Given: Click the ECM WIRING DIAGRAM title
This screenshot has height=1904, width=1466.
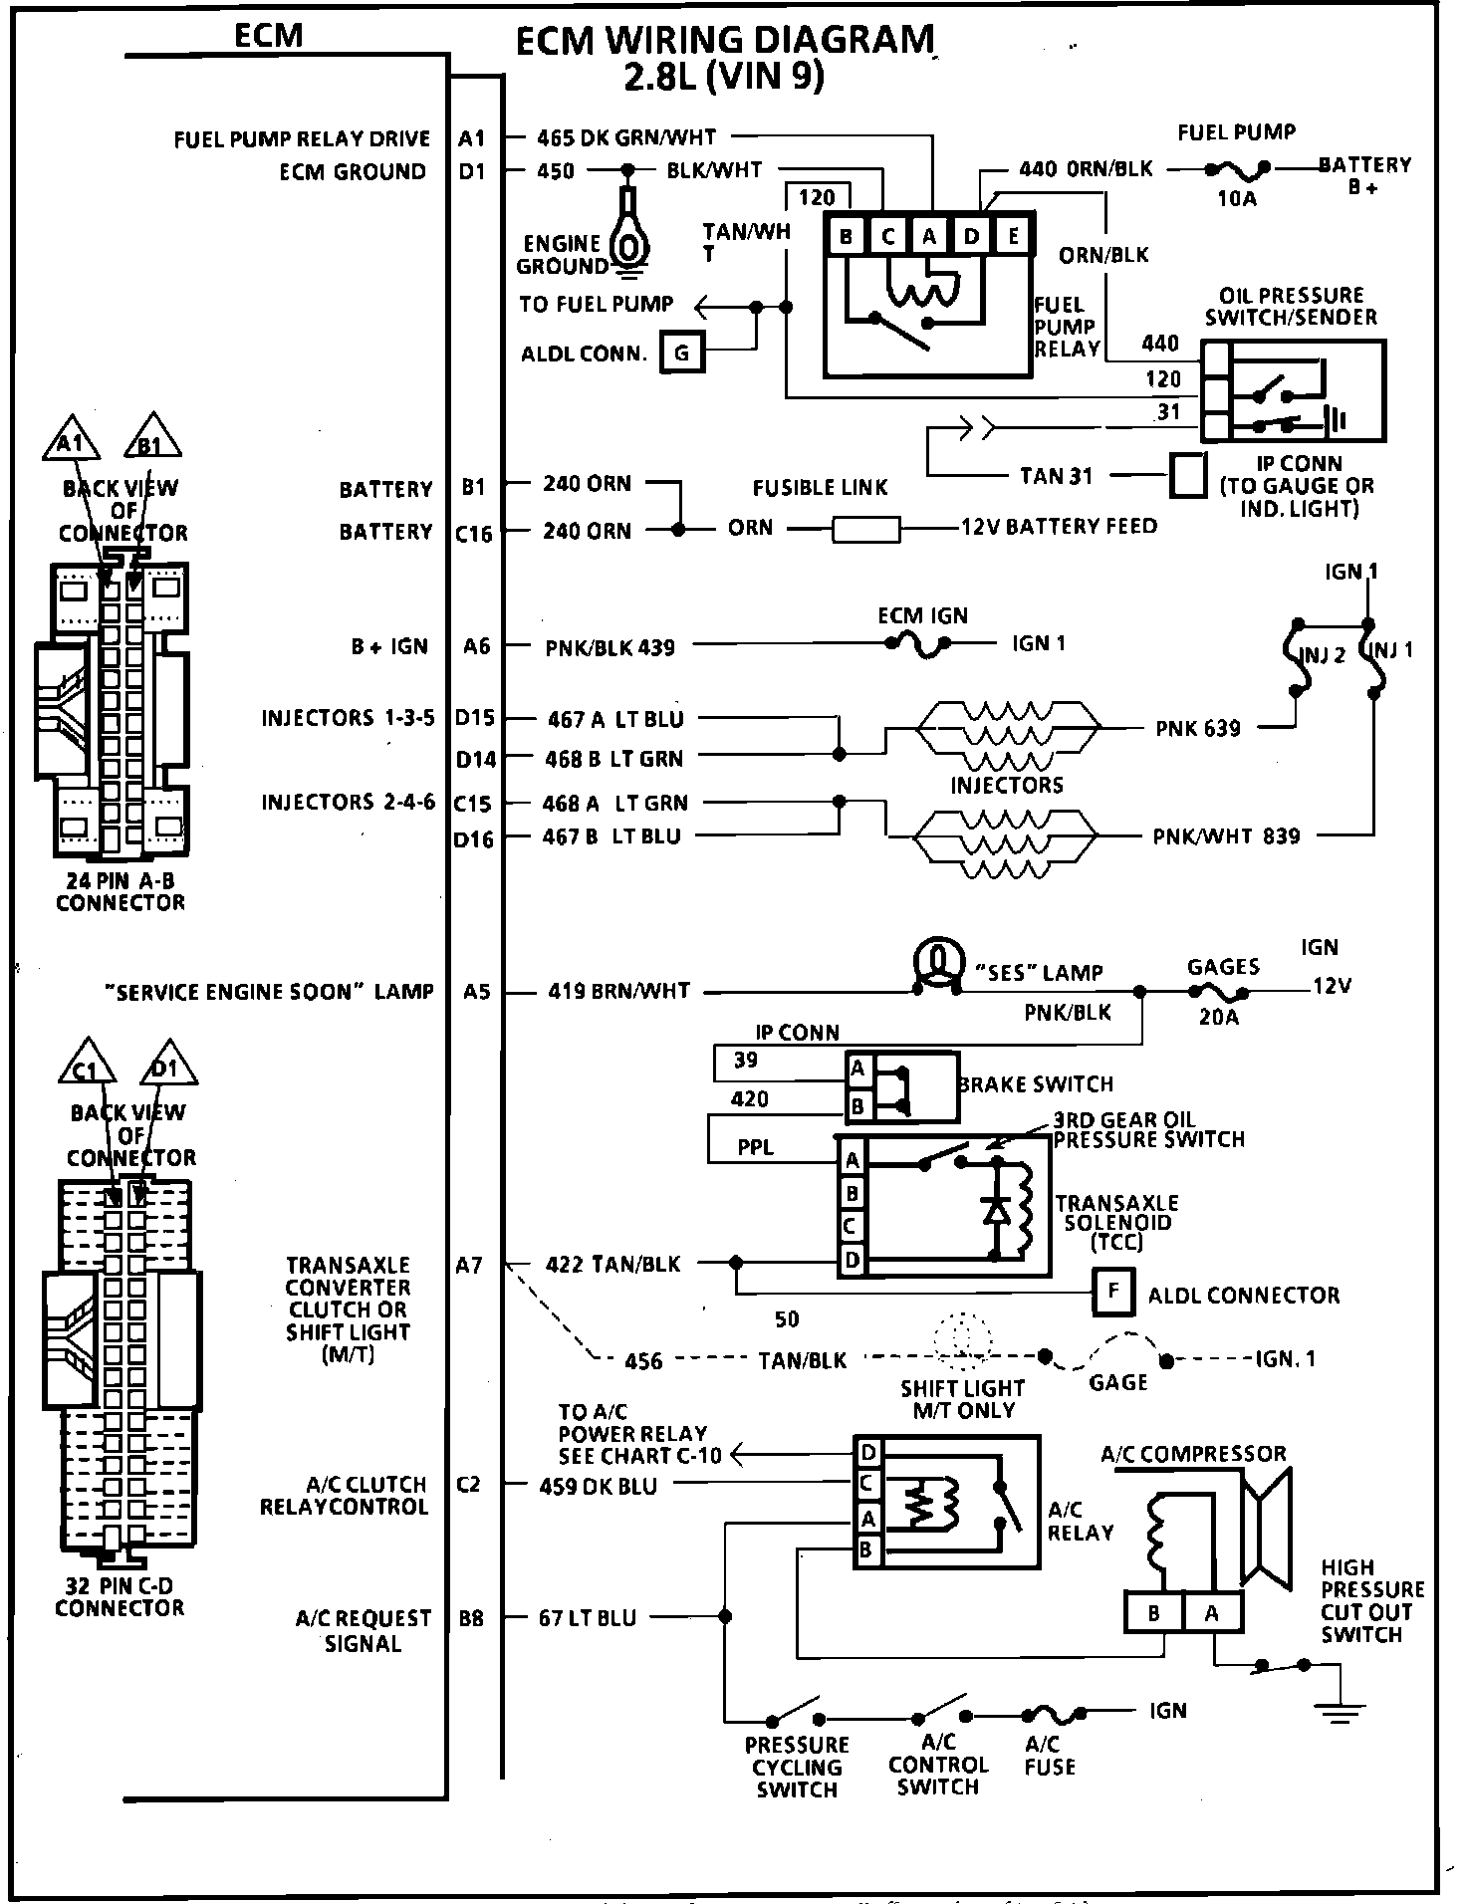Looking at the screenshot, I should click(x=725, y=42).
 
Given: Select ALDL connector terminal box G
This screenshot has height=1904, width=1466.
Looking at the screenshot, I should click(x=681, y=353).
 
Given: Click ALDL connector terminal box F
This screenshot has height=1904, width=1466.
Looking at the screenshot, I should click(x=1113, y=1292).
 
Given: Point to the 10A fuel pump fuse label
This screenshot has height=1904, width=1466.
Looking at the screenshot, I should click(x=1237, y=198).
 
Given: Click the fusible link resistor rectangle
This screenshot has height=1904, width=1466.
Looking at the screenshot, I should click(x=865, y=528).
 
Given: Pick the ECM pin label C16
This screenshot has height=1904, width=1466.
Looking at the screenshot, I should click(x=473, y=534).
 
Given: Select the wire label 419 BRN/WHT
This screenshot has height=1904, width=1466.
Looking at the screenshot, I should click(x=618, y=991).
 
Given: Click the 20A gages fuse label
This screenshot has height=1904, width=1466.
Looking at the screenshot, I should click(x=1218, y=1018).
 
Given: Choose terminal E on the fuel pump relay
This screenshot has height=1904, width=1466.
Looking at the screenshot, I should click(x=1013, y=236).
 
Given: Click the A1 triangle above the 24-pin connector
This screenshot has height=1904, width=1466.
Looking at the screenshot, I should click(x=70, y=441).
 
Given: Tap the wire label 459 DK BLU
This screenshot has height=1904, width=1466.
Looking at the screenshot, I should click(x=598, y=1485).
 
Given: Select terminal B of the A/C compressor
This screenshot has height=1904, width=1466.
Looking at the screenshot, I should click(x=1153, y=1612).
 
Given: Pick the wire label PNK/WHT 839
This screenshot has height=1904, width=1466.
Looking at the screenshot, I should click(x=1226, y=835).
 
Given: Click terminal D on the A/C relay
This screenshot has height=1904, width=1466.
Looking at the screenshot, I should click(x=868, y=1452).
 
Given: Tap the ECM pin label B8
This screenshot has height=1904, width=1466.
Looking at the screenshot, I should click(x=471, y=1618).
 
